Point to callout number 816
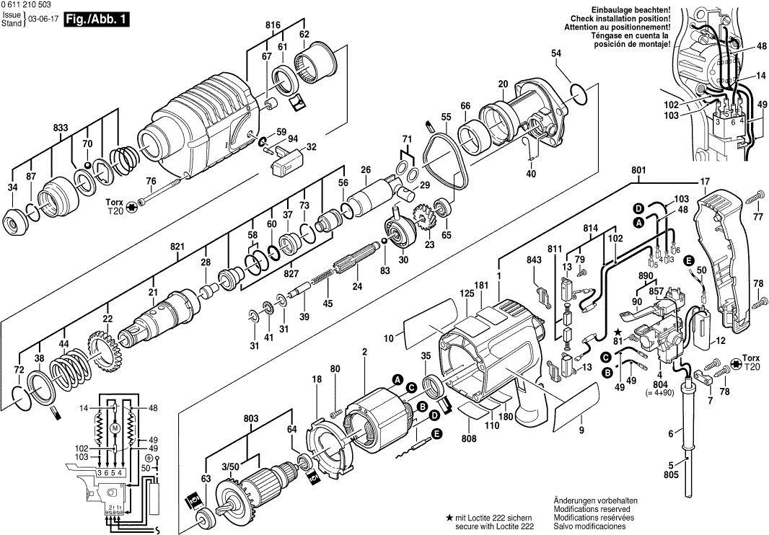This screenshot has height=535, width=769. (x=272, y=25)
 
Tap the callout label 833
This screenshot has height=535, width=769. (x=61, y=128)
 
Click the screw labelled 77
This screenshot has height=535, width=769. (x=755, y=197)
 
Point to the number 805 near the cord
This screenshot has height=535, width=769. (x=671, y=475)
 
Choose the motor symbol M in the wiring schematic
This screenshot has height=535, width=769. (x=114, y=429)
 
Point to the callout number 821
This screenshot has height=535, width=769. (x=177, y=247)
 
